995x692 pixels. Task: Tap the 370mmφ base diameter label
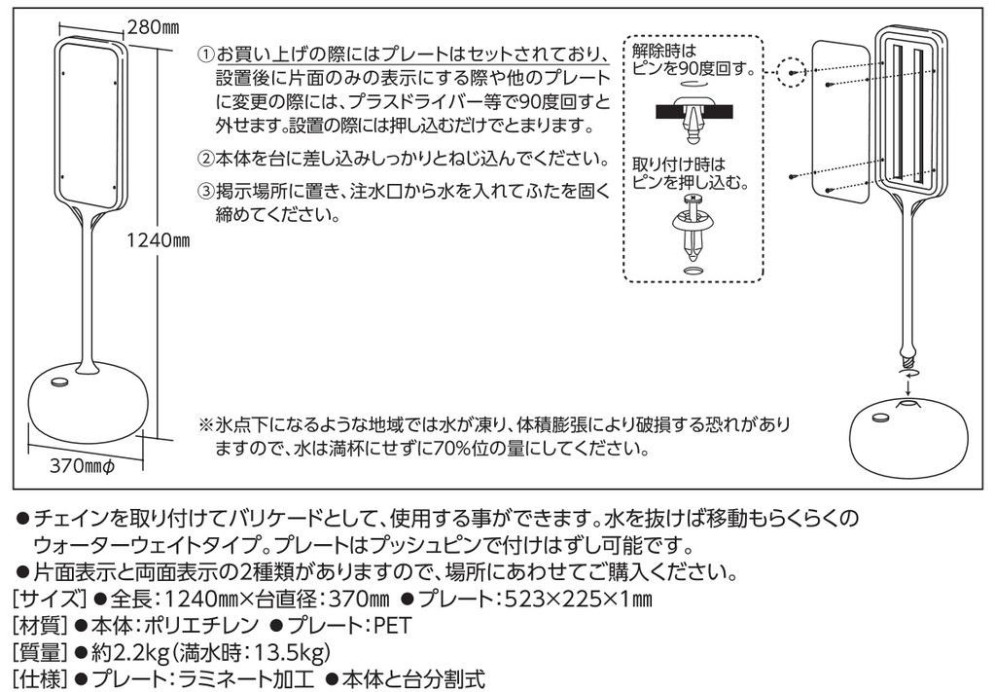pos(83,466)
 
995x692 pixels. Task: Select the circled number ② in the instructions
pos(205,158)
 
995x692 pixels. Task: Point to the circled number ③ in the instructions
pos(205,192)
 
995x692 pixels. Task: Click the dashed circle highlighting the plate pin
pos(795,72)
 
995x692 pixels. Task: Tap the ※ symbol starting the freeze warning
pos(205,425)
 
